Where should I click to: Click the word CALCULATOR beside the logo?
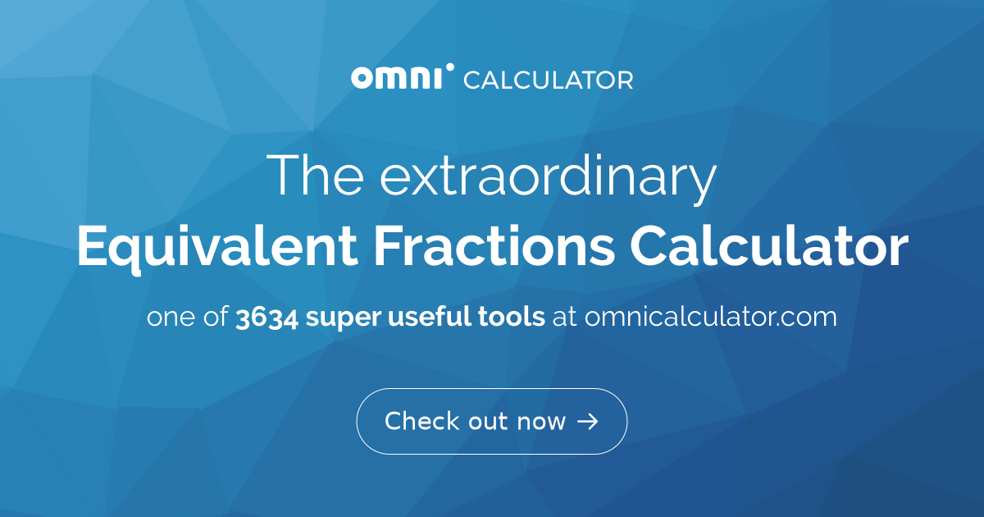(548, 80)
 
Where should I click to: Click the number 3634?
(266, 317)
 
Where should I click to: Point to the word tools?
(512, 317)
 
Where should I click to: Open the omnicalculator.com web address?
(710, 317)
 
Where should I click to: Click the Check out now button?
(491, 421)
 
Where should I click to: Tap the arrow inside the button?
(587, 422)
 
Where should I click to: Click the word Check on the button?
(421, 421)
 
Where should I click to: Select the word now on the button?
(541, 422)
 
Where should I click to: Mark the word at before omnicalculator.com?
(564, 318)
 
